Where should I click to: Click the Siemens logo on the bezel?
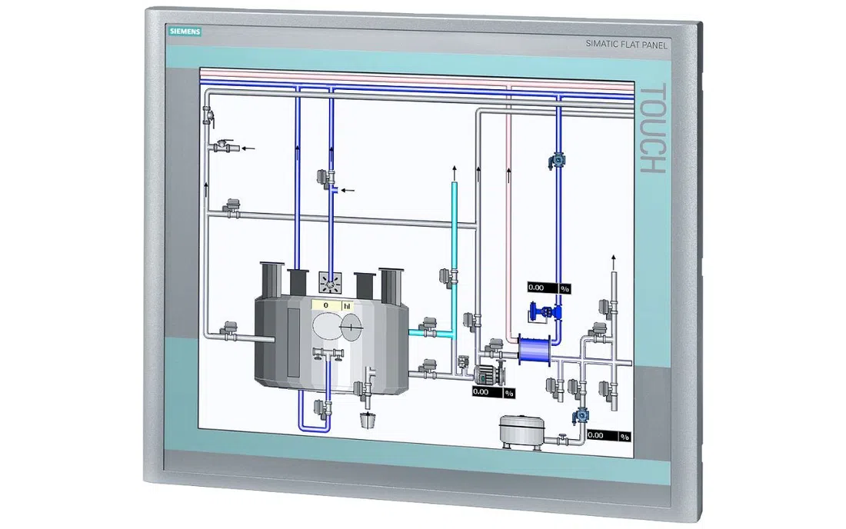[185, 32]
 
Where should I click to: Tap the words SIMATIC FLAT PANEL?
[626, 45]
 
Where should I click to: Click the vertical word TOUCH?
[652, 128]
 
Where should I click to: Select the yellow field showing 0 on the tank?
[326, 305]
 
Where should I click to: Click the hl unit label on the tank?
[347, 306]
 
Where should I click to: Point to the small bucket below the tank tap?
[368, 418]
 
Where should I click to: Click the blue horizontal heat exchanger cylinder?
[535, 349]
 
